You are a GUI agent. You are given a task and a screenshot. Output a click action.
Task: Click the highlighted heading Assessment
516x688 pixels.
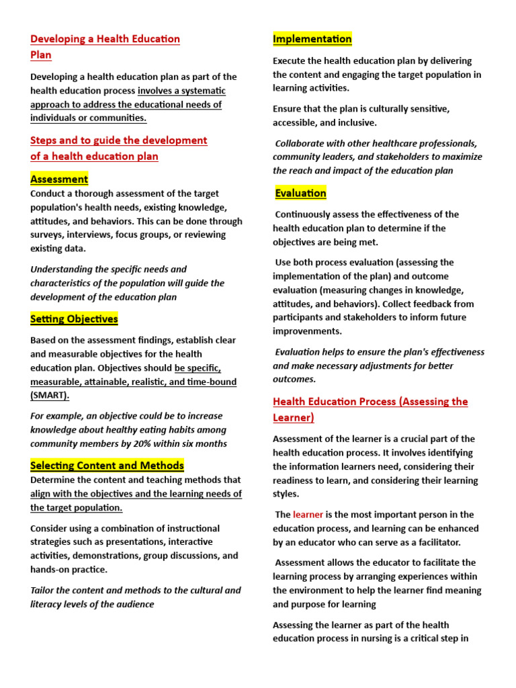click(59, 179)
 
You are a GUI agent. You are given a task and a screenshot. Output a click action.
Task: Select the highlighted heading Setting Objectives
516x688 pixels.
click(74, 319)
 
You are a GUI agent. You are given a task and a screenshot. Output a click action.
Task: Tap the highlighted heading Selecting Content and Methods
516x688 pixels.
click(107, 466)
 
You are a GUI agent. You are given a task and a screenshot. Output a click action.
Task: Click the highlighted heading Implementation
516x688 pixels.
click(312, 39)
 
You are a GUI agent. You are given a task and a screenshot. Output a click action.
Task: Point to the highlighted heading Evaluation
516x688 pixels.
click(300, 193)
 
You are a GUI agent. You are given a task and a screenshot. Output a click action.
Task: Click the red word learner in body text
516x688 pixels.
click(308, 515)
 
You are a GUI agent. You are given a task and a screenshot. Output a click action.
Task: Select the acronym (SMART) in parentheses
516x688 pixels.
click(50, 395)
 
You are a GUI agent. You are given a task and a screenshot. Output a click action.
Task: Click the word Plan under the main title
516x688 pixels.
click(41, 55)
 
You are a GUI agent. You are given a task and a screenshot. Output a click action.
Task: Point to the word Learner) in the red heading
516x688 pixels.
click(293, 418)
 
